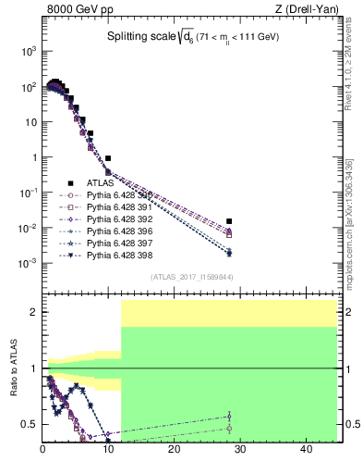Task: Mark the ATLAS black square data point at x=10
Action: [108, 158]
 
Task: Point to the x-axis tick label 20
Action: [175, 449]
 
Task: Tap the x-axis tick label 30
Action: [240, 449]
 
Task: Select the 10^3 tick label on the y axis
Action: [28, 51]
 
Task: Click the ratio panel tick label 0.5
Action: [29, 425]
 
